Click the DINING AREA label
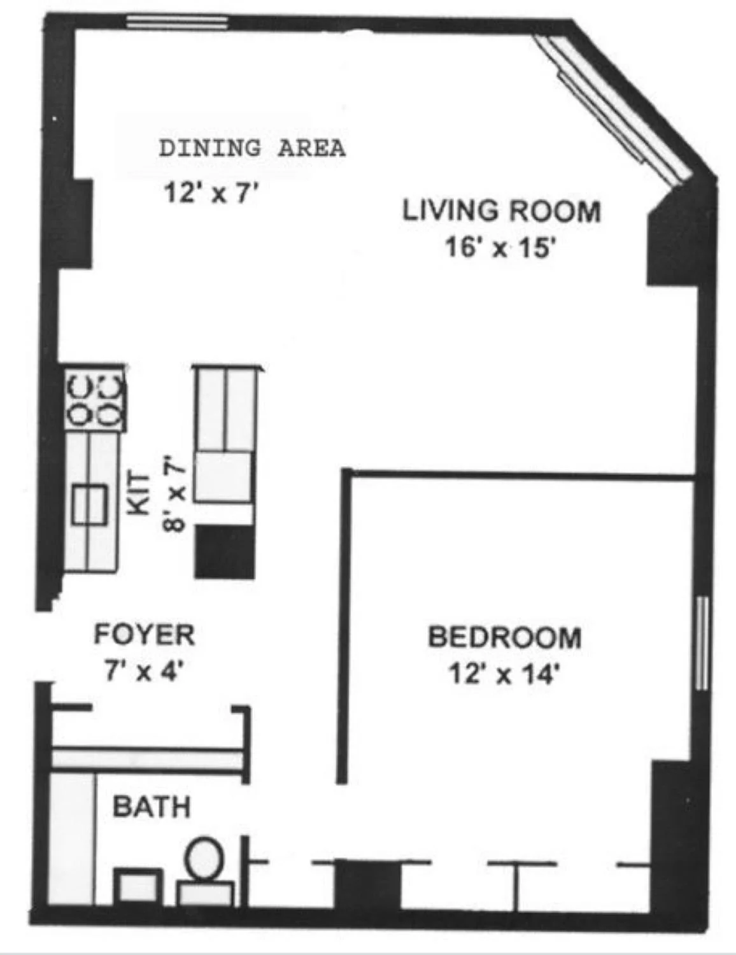252,148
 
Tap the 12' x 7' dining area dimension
210,193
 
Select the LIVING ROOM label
501,211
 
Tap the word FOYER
145,635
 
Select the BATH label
152,807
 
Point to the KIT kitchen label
138,493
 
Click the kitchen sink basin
90,504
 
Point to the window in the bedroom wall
703,643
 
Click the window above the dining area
177,22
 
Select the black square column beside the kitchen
225,551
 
